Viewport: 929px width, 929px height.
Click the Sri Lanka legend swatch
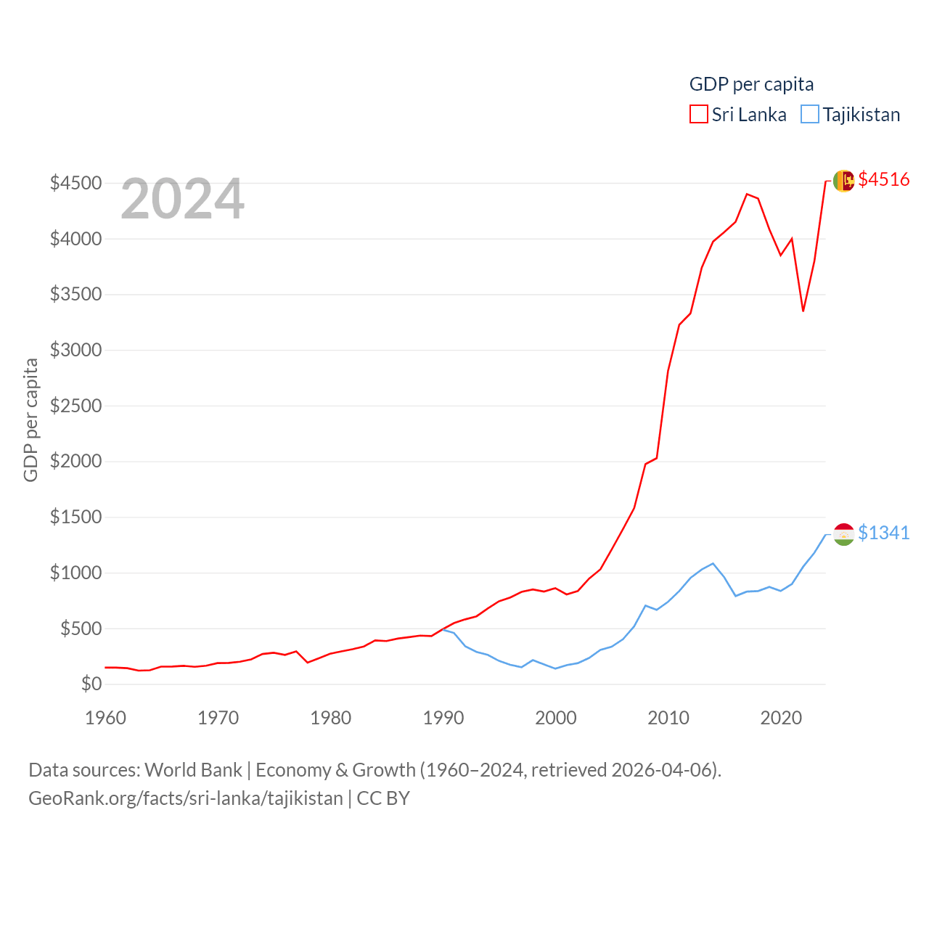(698, 115)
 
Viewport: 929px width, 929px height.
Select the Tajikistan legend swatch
(810, 115)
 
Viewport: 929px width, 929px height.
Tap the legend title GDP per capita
(751, 84)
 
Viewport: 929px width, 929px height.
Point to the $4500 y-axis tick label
(75, 183)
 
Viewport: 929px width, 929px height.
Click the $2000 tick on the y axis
(75, 462)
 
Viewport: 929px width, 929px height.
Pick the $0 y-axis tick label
(91, 684)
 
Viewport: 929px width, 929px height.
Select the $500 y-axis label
(81, 629)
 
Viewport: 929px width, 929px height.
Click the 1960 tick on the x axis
(106, 718)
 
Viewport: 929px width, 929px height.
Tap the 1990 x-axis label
(443, 718)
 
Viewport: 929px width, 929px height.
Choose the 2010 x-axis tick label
(668, 718)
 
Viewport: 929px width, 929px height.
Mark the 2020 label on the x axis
(781, 718)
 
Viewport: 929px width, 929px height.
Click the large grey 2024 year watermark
(182, 199)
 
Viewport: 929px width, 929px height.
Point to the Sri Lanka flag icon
(843, 181)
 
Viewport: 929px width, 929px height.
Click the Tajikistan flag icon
(843, 534)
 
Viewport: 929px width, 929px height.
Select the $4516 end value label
(883, 179)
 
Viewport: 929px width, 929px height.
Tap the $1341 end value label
(883, 533)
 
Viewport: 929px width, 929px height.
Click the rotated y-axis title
(30, 420)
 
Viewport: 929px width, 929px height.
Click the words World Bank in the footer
(193, 769)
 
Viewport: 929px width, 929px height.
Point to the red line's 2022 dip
(803, 311)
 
